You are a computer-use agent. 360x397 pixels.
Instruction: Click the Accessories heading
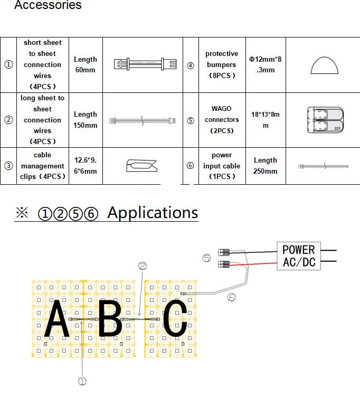48,5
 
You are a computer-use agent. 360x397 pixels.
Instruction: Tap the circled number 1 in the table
8,65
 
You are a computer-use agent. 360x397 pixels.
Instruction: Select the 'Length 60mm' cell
85,65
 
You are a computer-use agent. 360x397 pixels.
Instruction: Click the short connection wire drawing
142,65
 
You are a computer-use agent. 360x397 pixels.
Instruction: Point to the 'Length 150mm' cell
85,120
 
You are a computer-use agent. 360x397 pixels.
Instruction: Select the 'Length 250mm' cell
265,166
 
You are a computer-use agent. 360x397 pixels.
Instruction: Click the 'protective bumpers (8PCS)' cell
221,64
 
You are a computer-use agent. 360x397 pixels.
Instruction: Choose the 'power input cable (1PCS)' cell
221,166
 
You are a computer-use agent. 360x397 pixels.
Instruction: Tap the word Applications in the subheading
153,212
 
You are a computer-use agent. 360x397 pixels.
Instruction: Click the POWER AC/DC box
298,256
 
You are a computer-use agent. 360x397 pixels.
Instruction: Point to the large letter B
110,319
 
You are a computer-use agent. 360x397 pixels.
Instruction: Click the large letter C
175,319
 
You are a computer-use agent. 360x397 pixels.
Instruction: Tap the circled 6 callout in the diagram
232,297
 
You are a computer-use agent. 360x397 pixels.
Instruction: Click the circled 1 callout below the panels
82,381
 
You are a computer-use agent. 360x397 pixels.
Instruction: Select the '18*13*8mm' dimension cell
265,120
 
